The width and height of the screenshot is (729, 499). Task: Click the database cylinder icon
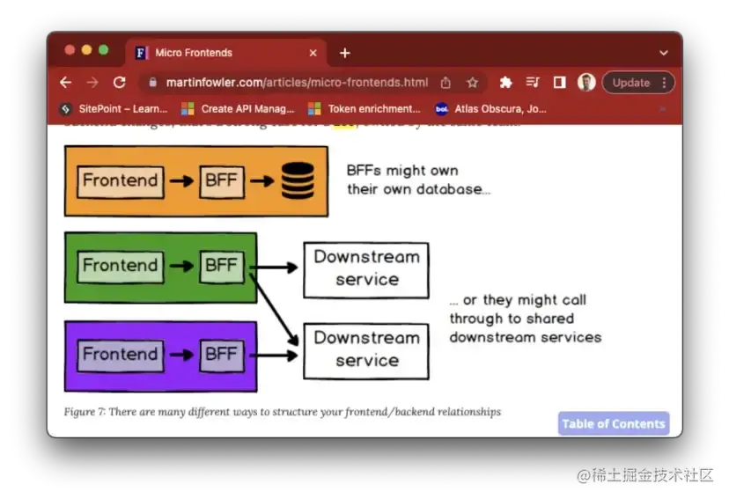(x=298, y=181)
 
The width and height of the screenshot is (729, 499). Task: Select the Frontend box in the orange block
(x=120, y=181)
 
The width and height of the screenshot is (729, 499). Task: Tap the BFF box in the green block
(x=221, y=266)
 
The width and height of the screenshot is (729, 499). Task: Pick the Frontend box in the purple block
(x=120, y=355)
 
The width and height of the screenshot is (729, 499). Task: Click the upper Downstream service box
(x=366, y=269)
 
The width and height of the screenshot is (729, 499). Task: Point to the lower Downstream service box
(x=366, y=349)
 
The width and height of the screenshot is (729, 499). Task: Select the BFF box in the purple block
(x=221, y=355)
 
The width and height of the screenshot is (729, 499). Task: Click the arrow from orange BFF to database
(x=261, y=181)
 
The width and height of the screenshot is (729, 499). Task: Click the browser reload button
(x=119, y=83)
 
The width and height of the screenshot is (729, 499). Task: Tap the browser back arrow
(x=65, y=83)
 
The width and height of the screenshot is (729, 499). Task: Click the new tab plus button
(x=344, y=53)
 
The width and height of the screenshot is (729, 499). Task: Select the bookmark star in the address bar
(x=472, y=83)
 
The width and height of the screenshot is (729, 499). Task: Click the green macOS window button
(x=103, y=50)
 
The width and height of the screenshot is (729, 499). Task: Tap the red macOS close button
(x=70, y=50)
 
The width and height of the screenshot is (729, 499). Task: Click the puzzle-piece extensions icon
(x=505, y=83)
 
